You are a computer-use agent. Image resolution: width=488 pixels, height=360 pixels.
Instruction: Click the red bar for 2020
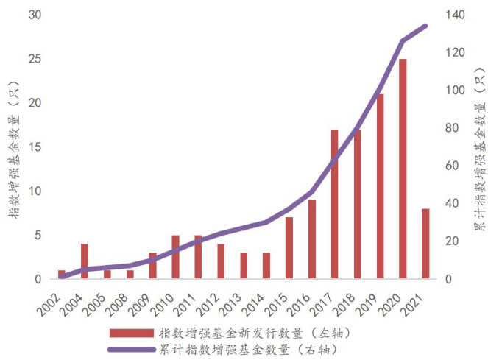coord(403,169)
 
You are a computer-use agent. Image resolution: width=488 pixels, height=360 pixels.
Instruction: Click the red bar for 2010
coord(175,257)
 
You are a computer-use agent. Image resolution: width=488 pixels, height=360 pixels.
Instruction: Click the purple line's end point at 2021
coord(425,26)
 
